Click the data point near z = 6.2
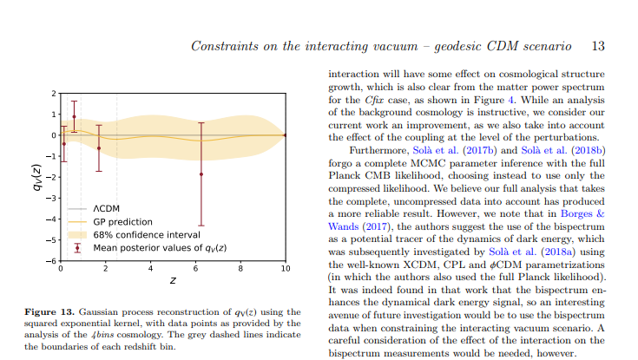pos(201,173)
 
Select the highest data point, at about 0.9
pos(74,116)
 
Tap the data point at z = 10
pos(286,135)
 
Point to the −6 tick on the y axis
pos(52,260)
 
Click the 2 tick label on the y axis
pos(53,93)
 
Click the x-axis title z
pos(173,281)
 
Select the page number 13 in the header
pos(597,45)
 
